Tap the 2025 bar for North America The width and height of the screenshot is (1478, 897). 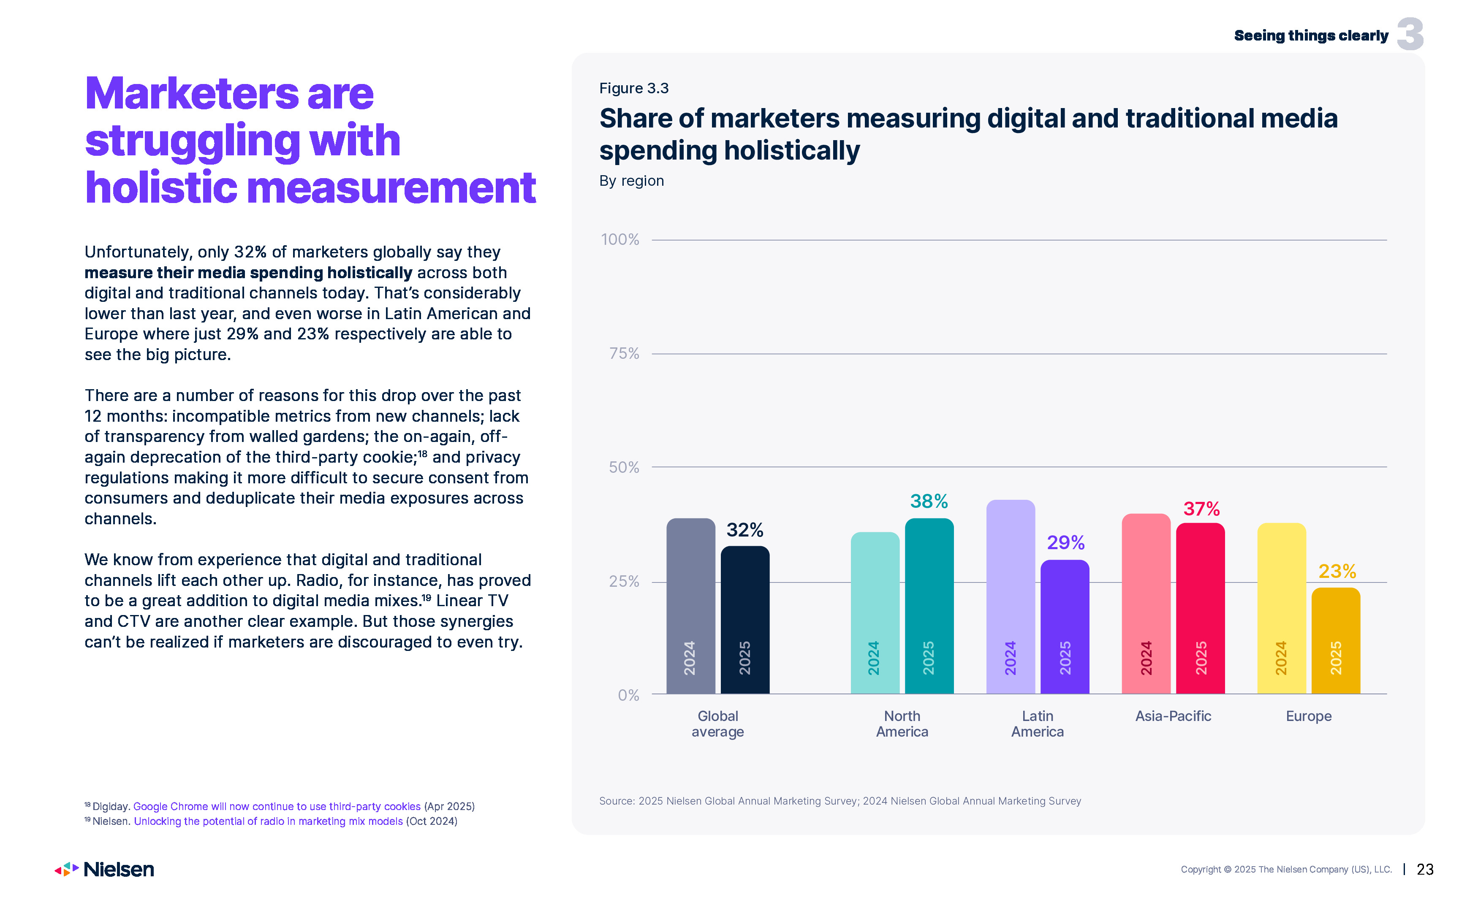click(929, 606)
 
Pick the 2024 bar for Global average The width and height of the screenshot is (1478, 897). click(690, 606)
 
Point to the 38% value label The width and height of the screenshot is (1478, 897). click(929, 501)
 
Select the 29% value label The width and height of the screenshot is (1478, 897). click(1065, 543)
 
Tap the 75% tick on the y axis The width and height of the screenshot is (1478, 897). click(624, 354)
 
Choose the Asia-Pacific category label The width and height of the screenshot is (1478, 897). click(1173, 716)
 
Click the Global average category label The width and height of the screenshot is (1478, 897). click(717, 724)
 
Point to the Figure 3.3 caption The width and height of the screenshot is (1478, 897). click(633, 88)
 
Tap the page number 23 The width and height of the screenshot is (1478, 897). click(1425, 870)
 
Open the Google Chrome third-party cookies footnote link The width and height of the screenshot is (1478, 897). click(277, 807)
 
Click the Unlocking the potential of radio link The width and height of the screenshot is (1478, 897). click(268, 821)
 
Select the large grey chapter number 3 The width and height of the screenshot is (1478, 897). click(1410, 34)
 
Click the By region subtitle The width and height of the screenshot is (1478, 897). click(631, 181)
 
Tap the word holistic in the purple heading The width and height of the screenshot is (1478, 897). click(161, 188)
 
